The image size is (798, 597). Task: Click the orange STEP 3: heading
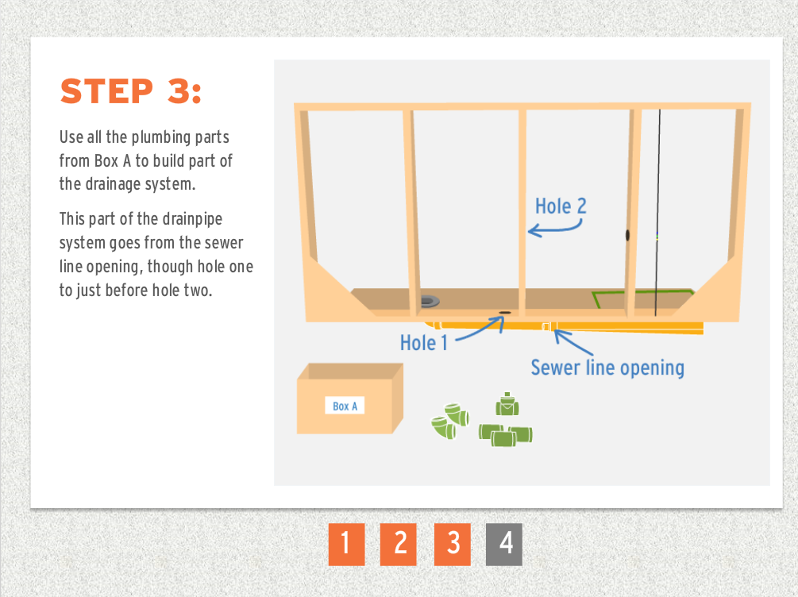click(x=131, y=91)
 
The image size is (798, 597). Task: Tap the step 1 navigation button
click(x=346, y=544)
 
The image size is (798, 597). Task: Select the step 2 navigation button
click(x=399, y=544)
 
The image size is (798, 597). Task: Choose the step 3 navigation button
click(x=453, y=544)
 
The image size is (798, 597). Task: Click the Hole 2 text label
click(x=561, y=206)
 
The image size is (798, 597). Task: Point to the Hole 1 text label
click(x=424, y=342)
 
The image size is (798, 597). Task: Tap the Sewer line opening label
click(x=607, y=368)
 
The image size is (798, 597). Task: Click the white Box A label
click(x=345, y=406)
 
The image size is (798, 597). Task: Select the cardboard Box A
click(x=349, y=399)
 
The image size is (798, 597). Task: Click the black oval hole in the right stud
click(x=627, y=235)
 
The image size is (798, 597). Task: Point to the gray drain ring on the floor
click(x=430, y=301)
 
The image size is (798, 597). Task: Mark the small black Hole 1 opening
click(x=505, y=313)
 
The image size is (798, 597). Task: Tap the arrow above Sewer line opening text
click(x=572, y=342)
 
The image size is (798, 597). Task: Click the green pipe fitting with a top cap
click(x=507, y=405)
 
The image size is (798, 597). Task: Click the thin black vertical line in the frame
click(x=657, y=213)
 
